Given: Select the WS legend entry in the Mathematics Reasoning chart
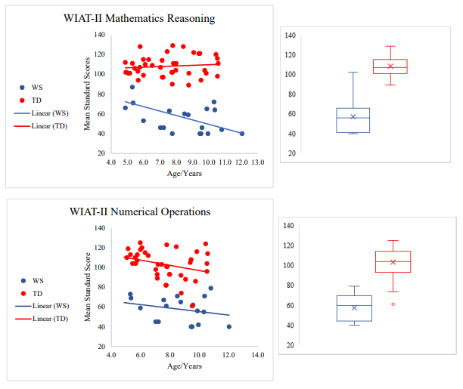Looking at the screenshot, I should (35, 87).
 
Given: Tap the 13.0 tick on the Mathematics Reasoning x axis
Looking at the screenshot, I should (257, 162).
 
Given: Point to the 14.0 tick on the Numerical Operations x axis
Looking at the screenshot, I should (257, 354).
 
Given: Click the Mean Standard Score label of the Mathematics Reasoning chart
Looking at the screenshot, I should (88, 95).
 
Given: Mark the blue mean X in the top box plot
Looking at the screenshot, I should (353, 116).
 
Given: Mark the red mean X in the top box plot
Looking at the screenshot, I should (390, 66).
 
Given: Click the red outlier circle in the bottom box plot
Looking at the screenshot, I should (392, 304).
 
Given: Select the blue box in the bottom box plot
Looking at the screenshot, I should (353, 308).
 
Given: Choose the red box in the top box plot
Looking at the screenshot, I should (390, 66).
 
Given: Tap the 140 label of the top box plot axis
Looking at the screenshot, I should (291, 36).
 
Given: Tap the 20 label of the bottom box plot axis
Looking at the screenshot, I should (288, 345).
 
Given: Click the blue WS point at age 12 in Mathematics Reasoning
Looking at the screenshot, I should (242, 134).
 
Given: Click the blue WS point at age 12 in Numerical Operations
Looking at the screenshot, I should (228, 326).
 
